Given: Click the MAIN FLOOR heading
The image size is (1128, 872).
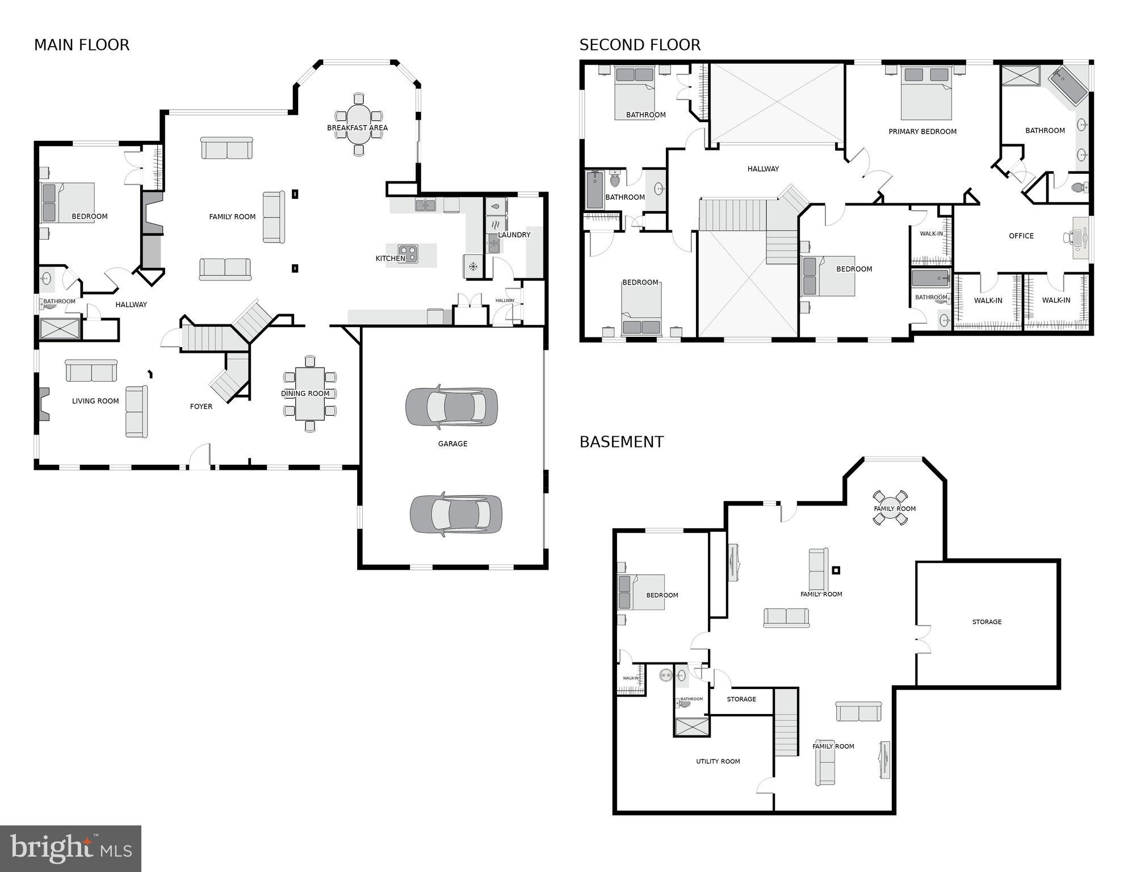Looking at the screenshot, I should [x=82, y=45].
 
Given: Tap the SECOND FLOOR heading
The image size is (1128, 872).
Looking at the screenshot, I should [x=640, y=45].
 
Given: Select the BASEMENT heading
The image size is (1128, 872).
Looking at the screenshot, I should [x=621, y=441].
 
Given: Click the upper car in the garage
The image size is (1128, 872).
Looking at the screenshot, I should [x=451, y=407].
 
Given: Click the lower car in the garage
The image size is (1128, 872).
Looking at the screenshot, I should [x=456, y=514].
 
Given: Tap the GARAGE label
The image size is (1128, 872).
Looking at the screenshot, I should [x=452, y=444].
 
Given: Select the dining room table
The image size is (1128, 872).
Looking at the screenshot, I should [x=310, y=393].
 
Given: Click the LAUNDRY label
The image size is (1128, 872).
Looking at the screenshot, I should [x=514, y=235].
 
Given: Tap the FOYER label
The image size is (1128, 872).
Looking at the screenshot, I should [x=201, y=406].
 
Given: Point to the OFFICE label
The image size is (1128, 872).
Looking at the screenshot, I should [x=1021, y=236].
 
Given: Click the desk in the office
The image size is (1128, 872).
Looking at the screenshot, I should [x=1080, y=238].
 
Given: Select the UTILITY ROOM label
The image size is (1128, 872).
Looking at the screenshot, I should [x=718, y=761].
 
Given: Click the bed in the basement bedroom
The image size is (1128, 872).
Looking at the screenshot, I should [x=641, y=592].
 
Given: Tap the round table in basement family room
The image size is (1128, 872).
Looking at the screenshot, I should [x=890, y=507].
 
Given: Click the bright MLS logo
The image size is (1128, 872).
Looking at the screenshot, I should [x=70, y=848].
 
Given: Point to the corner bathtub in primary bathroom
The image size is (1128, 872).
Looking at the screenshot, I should [x=1067, y=87].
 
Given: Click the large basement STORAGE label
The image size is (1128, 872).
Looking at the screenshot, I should [x=987, y=621].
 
